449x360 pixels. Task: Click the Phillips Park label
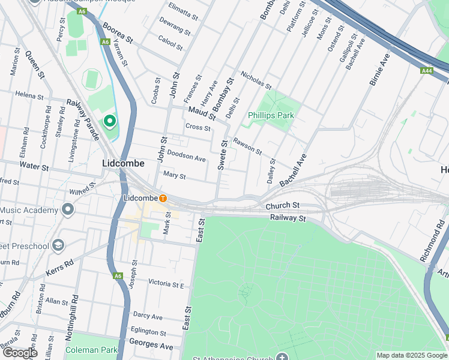pyautogui.click(x=270, y=115)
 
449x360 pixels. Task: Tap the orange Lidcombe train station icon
pyautogui.click(x=163, y=198)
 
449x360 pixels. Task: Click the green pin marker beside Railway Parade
pyautogui.click(x=110, y=122)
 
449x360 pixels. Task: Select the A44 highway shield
pyautogui.click(x=426, y=71)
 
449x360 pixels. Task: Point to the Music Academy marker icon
pyautogui.click(x=68, y=210)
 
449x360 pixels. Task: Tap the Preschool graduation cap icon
pyautogui.click(x=58, y=245)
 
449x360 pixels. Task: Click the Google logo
pyautogui.click(x=20, y=352)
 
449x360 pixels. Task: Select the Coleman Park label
pyautogui.click(x=92, y=350)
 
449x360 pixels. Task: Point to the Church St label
pyautogui.click(x=282, y=206)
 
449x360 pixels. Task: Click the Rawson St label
pyautogui.click(x=247, y=146)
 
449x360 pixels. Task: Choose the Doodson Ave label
pyautogui.click(x=186, y=156)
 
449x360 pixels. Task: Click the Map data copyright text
pyautogui.click(x=411, y=355)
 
